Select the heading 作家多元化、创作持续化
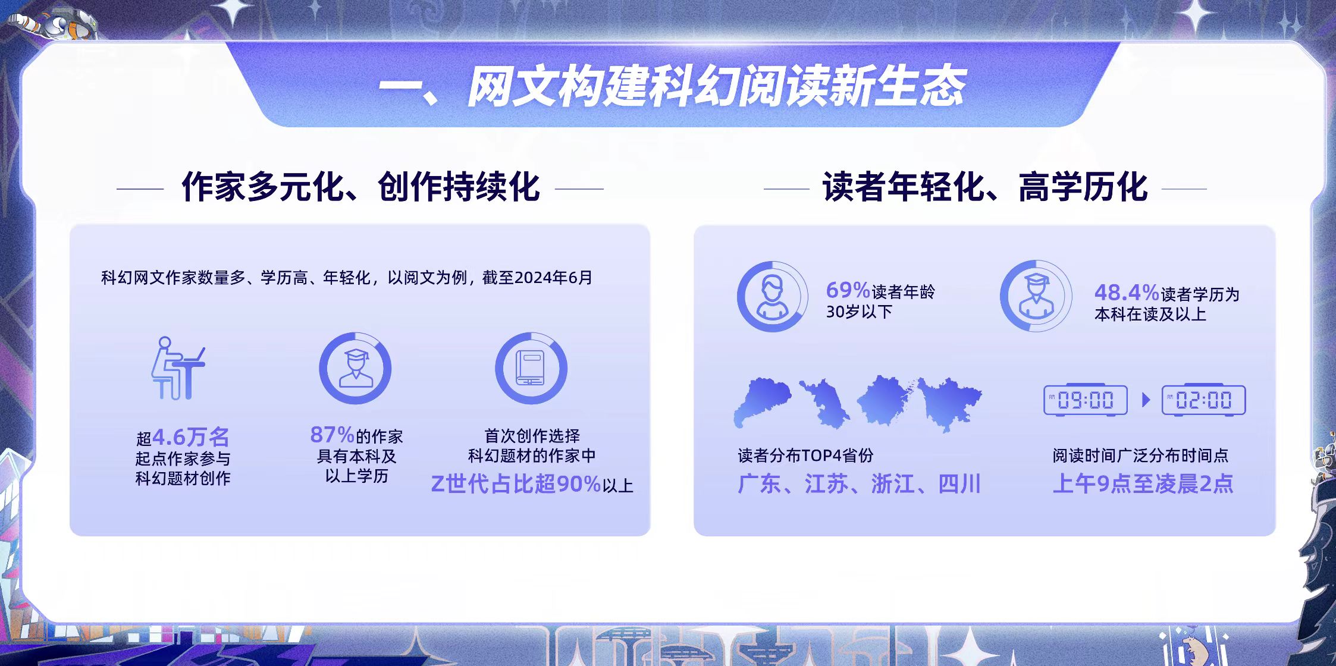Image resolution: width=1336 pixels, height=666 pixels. [360, 187]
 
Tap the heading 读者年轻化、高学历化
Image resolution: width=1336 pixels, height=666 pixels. [985, 187]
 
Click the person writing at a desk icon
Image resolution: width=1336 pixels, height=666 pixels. [178, 368]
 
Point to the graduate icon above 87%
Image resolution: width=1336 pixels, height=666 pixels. [355, 368]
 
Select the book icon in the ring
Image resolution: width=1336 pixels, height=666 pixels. [531, 368]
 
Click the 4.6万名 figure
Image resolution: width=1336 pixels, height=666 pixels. [191, 438]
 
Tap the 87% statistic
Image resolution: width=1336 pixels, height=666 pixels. [332, 435]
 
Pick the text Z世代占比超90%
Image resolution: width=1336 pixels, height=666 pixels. [516, 484]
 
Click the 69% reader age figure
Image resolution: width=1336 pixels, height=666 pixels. [848, 290]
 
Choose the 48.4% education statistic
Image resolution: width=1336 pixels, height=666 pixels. [1127, 293]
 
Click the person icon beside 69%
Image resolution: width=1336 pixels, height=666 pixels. [773, 296]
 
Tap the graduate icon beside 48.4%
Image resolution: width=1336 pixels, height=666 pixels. [1036, 296]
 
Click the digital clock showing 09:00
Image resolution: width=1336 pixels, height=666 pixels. [1086, 400]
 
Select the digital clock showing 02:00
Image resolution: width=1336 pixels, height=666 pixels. [1203, 400]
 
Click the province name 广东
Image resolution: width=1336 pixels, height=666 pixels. [759, 484]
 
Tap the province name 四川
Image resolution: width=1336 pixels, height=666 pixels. [959, 484]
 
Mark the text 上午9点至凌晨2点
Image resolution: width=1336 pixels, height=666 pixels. [1143, 484]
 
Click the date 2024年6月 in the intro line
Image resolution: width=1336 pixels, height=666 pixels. [553, 278]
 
